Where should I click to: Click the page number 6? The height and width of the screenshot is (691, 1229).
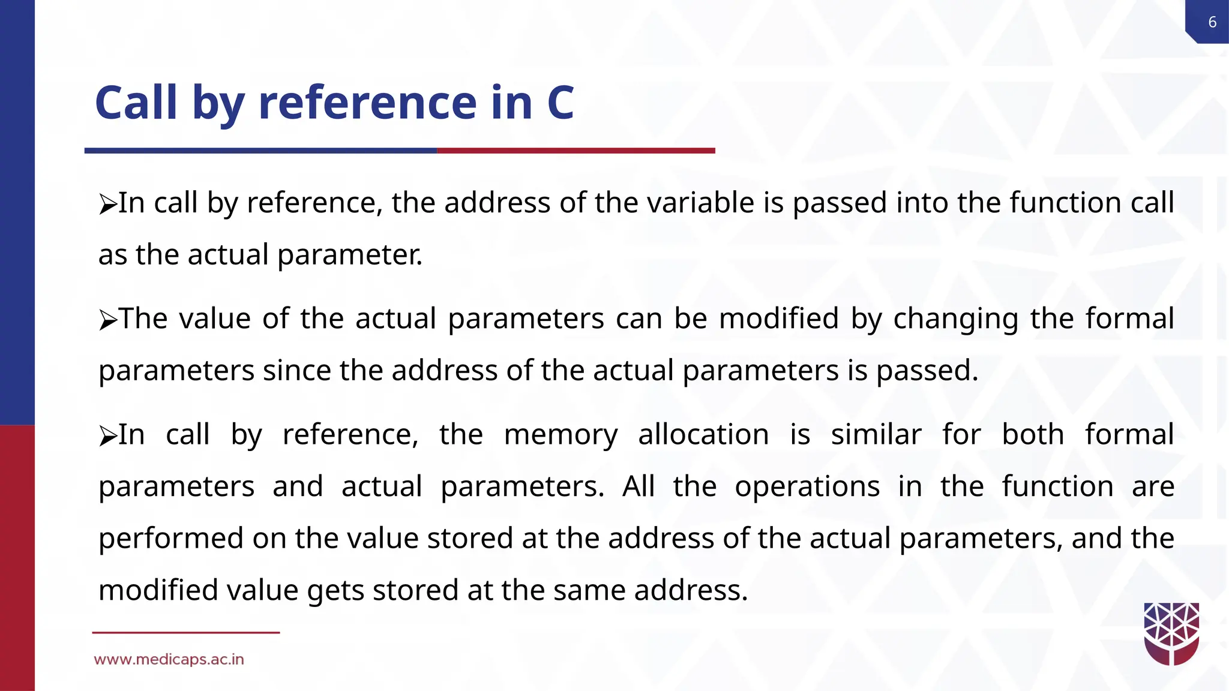(x=1212, y=22)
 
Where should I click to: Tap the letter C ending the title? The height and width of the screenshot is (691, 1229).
(x=560, y=102)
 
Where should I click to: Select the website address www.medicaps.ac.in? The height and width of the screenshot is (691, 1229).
(x=169, y=660)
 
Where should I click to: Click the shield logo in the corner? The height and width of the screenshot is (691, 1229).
(x=1171, y=634)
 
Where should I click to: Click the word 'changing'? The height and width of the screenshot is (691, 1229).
(x=955, y=319)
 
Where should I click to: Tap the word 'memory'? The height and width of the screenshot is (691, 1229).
(x=560, y=435)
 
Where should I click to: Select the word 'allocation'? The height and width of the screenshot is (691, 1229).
(x=703, y=434)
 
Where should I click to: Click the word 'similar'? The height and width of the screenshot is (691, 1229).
(x=876, y=434)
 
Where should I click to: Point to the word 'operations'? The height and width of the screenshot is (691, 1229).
(x=807, y=486)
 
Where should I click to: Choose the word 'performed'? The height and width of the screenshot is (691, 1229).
(x=171, y=538)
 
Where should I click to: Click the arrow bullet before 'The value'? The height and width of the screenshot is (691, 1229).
(x=108, y=320)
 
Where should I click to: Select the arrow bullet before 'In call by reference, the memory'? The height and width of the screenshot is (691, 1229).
(x=108, y=436)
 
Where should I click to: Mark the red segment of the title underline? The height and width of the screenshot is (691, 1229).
(x=576, y=151)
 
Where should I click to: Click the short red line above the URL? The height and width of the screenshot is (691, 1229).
(x=186, y=632)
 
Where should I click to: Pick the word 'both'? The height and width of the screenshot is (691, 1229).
(x=1033, y=434)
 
